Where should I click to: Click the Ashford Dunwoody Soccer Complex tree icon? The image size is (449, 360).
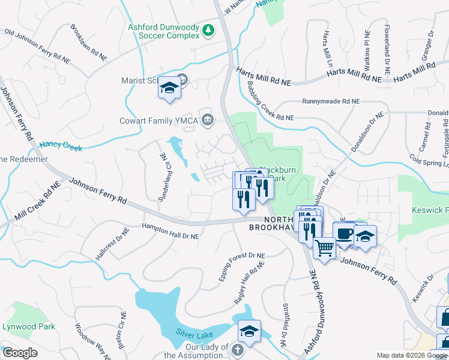point(208,29)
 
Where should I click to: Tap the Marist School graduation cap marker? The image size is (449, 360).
point(169,90)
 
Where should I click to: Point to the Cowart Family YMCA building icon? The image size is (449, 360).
point(208,119)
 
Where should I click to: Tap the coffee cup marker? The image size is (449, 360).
point(345,234)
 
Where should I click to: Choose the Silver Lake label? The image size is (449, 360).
point(195,332)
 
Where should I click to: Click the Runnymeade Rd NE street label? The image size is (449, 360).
point(331,102)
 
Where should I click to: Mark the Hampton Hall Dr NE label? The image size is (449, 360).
point(170,232)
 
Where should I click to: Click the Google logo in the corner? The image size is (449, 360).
point(20,353)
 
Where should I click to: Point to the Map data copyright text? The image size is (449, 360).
point(412,355)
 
